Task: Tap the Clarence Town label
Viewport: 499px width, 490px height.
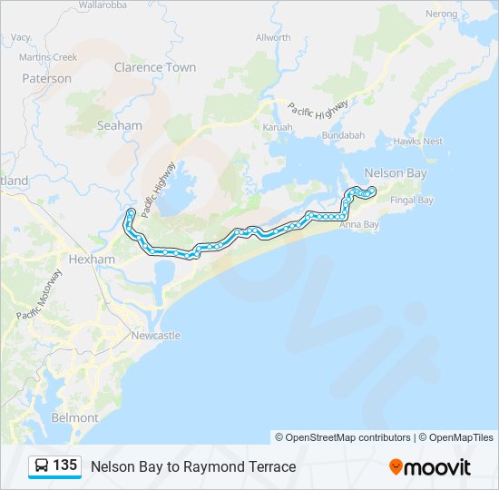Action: [155, 67]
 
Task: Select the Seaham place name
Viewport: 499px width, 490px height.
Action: [120, 126]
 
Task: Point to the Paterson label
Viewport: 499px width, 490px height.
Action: [46, 79]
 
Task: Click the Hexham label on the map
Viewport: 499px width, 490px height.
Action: [93, 259]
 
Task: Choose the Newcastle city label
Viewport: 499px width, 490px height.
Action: [156, 336]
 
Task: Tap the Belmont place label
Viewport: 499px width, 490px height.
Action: [74, 417]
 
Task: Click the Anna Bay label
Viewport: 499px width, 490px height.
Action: [357, 224]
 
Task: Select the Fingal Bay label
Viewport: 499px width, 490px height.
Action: [411, 200]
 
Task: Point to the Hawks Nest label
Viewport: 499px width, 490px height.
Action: [418, 142]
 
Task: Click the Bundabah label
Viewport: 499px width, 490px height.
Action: [343, 135]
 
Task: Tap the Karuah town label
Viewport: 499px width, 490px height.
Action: [278, 127]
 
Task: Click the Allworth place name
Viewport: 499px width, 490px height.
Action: [273, 37]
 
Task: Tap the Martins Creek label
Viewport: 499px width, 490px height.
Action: [48, 57]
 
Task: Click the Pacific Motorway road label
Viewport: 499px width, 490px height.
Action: [40, 294]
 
